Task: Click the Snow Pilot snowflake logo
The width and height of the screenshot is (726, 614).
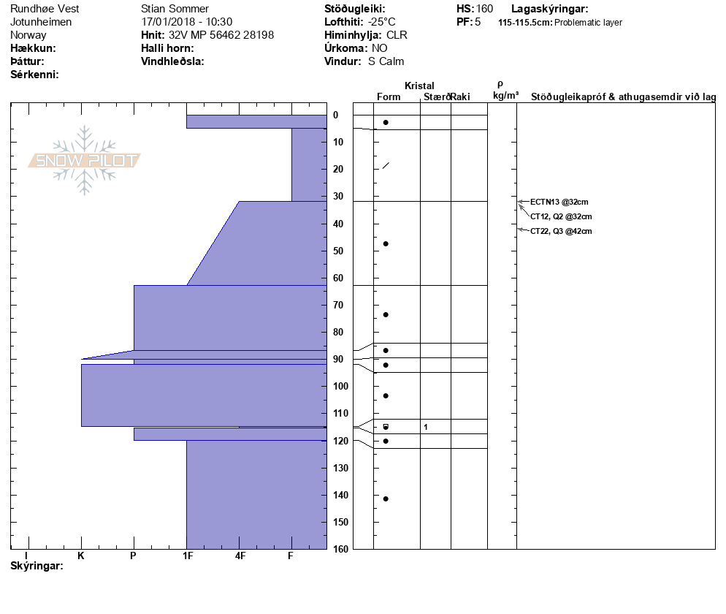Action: (x=84, y=160)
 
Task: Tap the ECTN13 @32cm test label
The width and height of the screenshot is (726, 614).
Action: (x=559, y=202)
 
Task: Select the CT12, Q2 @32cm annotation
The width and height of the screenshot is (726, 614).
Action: (x=561, y=216)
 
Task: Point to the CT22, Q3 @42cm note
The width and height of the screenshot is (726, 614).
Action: (x=561, y=231)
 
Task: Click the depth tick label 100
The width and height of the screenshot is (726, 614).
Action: (x=340, y=386)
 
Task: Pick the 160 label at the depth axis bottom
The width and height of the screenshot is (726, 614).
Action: (x=340, y=549)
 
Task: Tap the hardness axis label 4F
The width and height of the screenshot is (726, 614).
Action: (x=240, y=556)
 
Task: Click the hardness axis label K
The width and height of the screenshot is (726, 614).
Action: (x=81, y=556)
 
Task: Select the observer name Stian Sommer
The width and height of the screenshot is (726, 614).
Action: (x=175, y=9)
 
